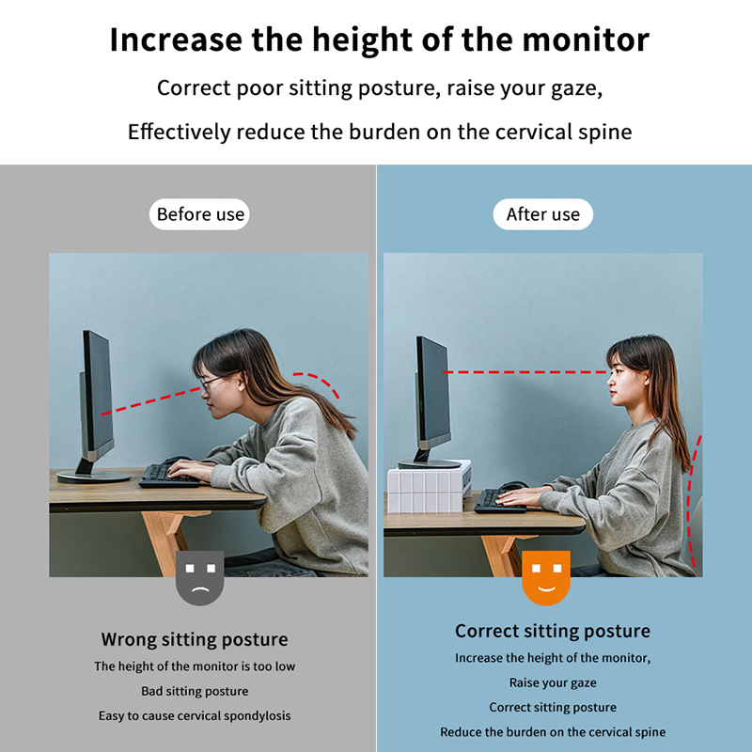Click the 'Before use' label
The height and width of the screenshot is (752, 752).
pyautogui.click(x=199, y=214)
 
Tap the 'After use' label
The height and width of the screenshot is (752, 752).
pyautogui.click(x=543, y=214)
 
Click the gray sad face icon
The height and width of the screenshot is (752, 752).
pyautogui.click(x=200, y=578)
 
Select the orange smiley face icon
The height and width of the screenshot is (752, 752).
pyautogui.click(x=546, y=578)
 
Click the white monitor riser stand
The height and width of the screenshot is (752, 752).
pyautogui.click(x=430, y=487)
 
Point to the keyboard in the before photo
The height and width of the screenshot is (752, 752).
pyautogui.click(x=169, y=477)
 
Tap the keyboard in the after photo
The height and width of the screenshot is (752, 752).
pyautogui.click(x=500, y=501)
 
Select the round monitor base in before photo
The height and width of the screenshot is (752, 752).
pyautogui.click(x=93, y=477)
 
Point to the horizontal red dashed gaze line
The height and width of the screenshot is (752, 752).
pyautogui.click(x=526, y=371)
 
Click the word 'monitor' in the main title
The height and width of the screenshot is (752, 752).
pyautogui.click(x=586, y=39)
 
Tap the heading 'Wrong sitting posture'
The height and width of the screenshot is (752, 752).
pyautogui.click(x=195, y=640)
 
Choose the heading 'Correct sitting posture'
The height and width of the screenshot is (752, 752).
pyautogui.click(x=553, y=631)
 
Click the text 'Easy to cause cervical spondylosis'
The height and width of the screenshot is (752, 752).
pyautogui.click(x=195, y=715)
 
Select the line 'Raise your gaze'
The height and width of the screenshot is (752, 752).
pyautogui.click(x=553, y=683)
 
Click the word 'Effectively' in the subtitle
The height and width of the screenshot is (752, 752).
pyautogui.click(x=180, y=132)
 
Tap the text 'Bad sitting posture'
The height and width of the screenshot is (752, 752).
pyautogui.click(x=195, y=691)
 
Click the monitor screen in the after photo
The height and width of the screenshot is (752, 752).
pyautogui.click(x=433, y=389)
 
